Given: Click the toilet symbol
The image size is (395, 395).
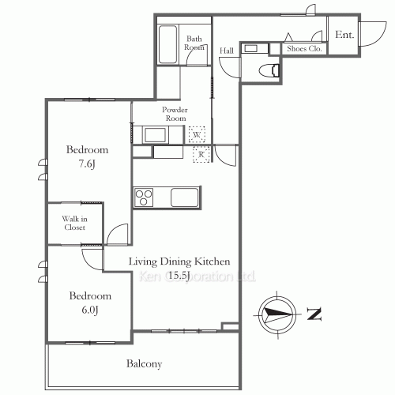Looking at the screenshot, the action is tap(269, 70).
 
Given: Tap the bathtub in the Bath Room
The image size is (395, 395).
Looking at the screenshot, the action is tap(167, 44).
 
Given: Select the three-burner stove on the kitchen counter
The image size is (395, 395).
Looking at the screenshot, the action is tap(144, 197).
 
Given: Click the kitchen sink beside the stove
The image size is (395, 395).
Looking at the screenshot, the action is tap(184, 197).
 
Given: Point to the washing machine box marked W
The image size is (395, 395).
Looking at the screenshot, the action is tap(197, 134).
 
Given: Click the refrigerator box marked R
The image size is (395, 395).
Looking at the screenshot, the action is tap(201, 154).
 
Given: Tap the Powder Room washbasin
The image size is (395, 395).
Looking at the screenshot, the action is tap(156, 135).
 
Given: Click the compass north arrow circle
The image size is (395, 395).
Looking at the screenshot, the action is tap(277, 314).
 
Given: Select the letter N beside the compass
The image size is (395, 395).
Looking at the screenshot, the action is tap(314, 314).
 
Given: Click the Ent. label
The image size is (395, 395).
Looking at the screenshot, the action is tap(344, 35).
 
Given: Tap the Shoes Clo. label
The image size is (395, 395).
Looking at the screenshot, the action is tap(304, 49).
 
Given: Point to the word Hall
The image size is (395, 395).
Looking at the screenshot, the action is tap(227, 51).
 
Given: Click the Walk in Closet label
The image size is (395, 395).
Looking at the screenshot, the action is tap(75, 223).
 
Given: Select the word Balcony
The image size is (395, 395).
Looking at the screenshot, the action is tap(144, 363).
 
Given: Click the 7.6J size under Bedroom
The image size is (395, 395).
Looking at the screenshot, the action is tap(87, 164).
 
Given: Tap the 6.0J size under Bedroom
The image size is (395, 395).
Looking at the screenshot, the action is tap(90, 310).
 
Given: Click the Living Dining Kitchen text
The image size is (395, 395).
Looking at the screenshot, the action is tap(179, 261).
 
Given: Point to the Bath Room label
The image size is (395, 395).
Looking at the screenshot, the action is tap(194, 43).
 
